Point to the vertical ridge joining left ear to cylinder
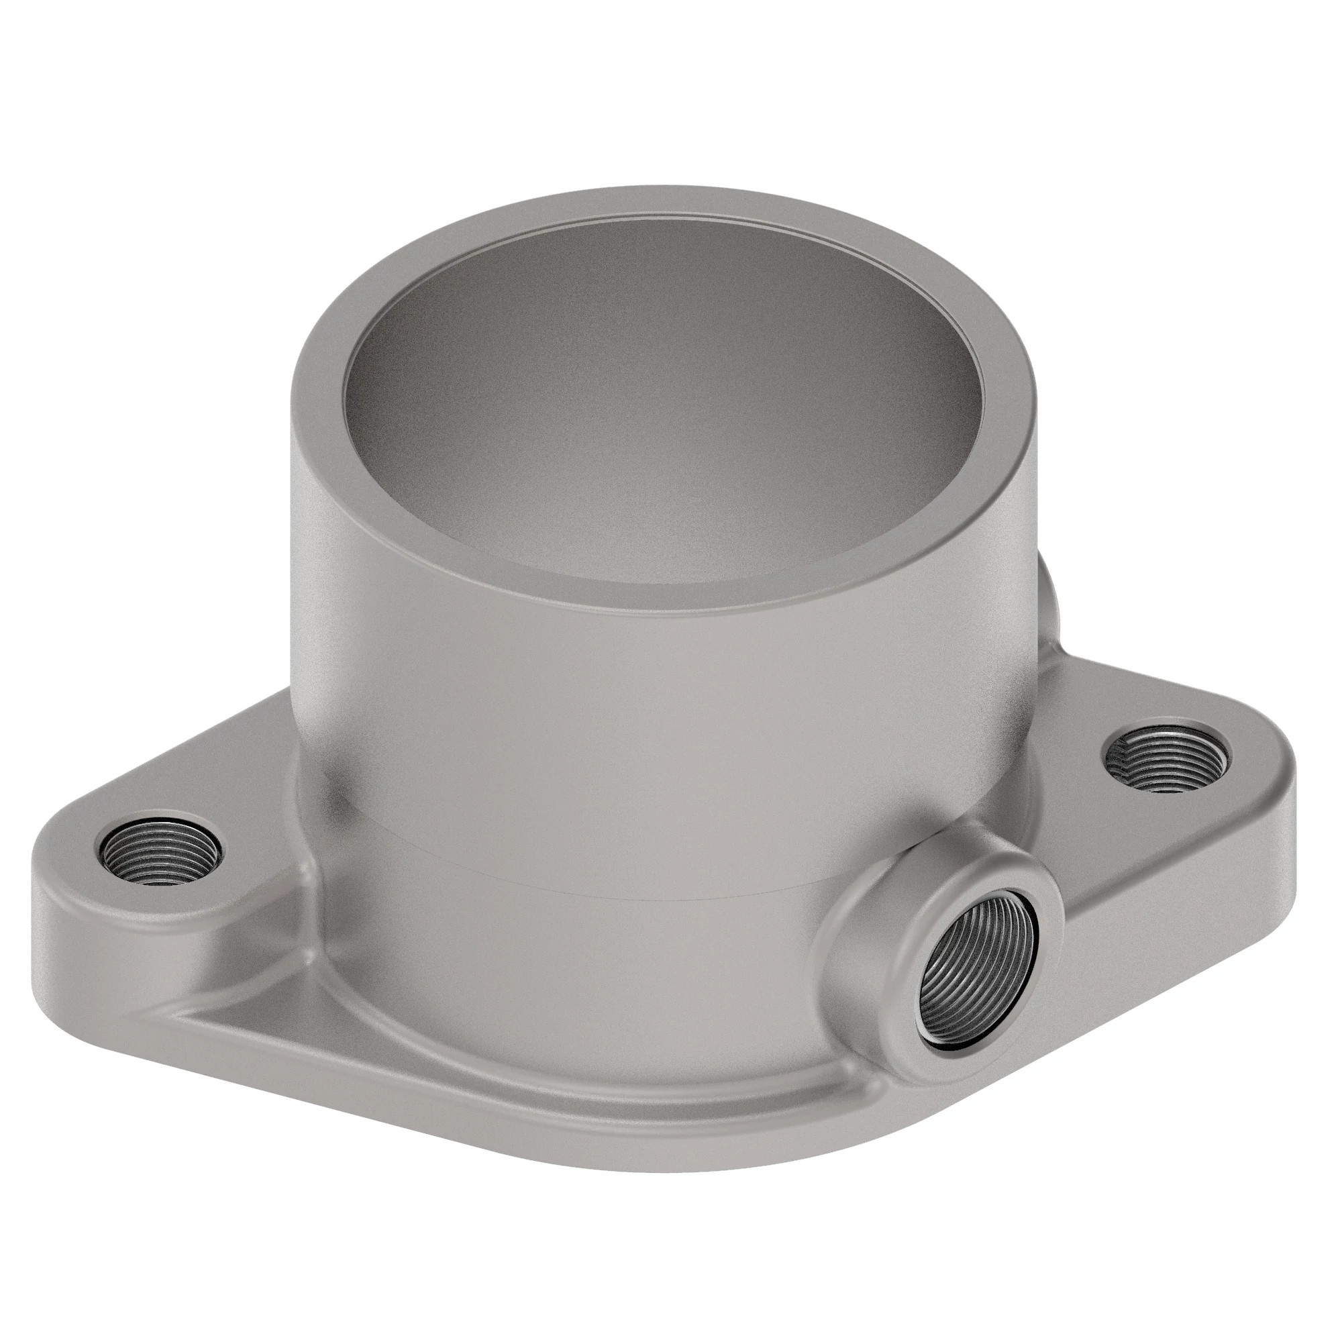click(305, 875)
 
